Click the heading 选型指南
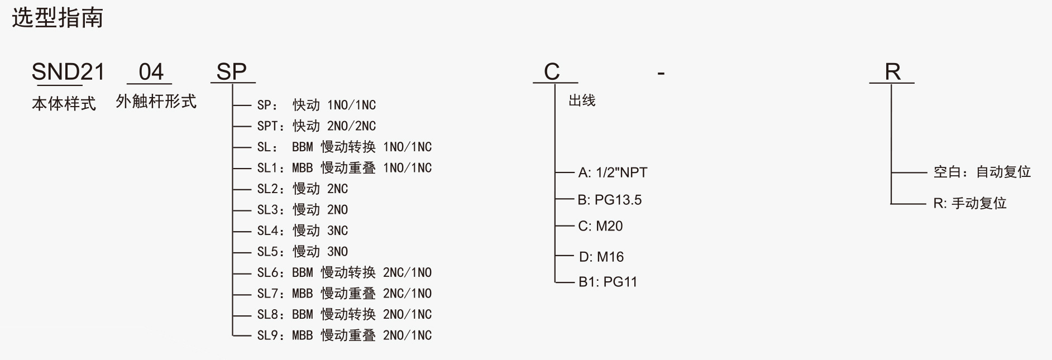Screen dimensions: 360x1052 point(58,18)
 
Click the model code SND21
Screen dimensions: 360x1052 point(68,72)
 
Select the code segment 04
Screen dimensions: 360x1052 point(151,72)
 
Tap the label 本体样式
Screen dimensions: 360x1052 point(64,104)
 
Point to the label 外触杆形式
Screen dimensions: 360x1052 point(156,102)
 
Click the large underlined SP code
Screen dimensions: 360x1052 point(232,72)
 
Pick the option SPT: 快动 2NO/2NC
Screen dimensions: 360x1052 point(316,126)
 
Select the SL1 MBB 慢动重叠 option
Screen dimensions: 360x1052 point(344,168)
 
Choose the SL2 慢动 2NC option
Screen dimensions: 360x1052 point(302,189)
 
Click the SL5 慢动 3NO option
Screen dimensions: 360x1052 point(302,252)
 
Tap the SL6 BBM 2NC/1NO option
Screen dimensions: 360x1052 point(344,273)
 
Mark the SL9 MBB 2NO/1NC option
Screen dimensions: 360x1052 point(344,335)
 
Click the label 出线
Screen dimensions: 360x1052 point(582,100)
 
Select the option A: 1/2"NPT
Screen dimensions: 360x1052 point(613,172)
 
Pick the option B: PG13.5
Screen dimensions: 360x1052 point(610,200)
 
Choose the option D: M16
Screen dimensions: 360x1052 point(601,257)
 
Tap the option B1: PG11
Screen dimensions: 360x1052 point(608,282)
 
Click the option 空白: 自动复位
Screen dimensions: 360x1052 point(982,172)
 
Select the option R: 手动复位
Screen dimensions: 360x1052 point(969,203)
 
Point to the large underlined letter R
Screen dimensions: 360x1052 point(892,72)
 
